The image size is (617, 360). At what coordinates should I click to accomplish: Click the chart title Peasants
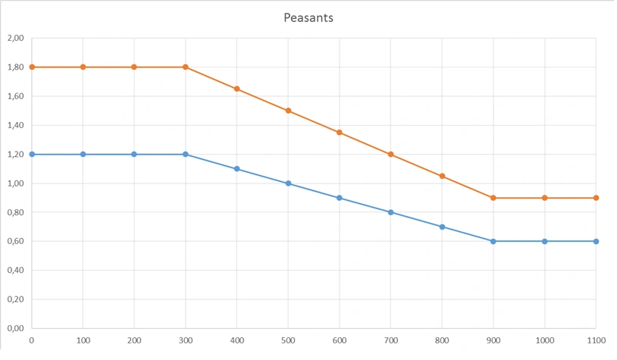pyautogui.click(x=308, y=17)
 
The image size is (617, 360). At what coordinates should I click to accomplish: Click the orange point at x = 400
pyautogui.click(x=236, y=89)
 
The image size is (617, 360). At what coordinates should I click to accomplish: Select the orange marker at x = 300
pyautogui.click(x=186, y=67)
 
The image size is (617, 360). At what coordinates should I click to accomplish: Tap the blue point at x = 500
pyautogui.click(x=288, y=183)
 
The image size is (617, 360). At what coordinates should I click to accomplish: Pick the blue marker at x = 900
pyautogui.click(x=493, y=241)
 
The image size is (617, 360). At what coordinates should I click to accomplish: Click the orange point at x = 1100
pyautogui.click(x=596, y=198)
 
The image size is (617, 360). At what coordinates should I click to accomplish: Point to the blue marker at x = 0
pyautogui.click(x=32, y=154)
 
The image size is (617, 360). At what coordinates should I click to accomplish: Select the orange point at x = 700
pyautogui.click(x=390, y=154)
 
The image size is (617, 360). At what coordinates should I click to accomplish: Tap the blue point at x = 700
pyautogui.click(x=390, y=212)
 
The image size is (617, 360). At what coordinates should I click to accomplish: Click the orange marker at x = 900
pyautogui.click(x=493, y=198)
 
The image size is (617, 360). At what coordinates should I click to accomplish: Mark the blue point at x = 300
pyautogui.click(x=186, y=154)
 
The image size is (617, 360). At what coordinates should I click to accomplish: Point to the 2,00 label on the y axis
pyautogui.click(x=15, y=38)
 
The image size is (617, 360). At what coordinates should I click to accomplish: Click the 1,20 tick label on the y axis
pyautogui.click(x=15, y=154)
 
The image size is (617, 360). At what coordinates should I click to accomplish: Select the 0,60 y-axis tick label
pyautogui.click(x=15, y=241)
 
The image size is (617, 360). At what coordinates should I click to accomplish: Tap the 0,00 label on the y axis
pyautogui.click(x=15, y=328)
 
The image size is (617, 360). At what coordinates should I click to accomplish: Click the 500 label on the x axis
pyautogui.click(x=288, y=340)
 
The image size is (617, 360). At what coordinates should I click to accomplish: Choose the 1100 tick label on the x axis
pyautogui.click(x=596, y=340)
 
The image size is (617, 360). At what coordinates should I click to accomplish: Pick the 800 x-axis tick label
pyautogui.click(x=442, y=340)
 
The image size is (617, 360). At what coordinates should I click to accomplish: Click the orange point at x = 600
pyautogui.click(x=340, y=133)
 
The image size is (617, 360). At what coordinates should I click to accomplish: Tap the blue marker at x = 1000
pyautogui.click(x=544, y=241)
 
